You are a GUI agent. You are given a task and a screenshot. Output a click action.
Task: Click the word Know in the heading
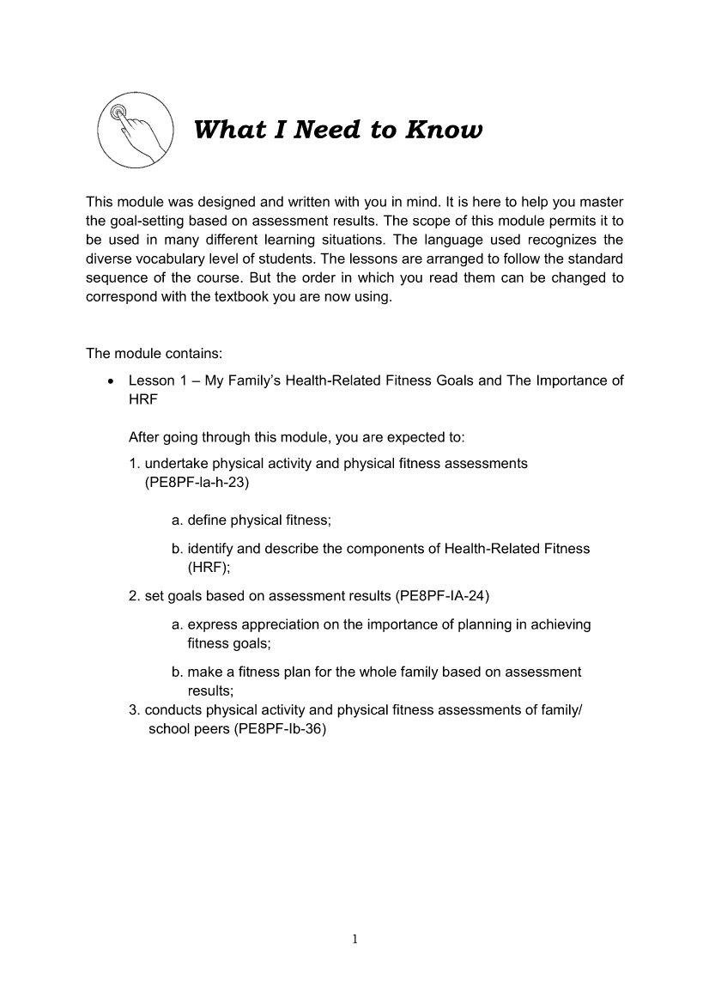point(444,131)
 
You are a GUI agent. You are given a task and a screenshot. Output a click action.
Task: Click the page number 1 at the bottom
point(354,939)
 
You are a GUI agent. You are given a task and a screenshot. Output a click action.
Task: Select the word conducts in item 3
point(174,709)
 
